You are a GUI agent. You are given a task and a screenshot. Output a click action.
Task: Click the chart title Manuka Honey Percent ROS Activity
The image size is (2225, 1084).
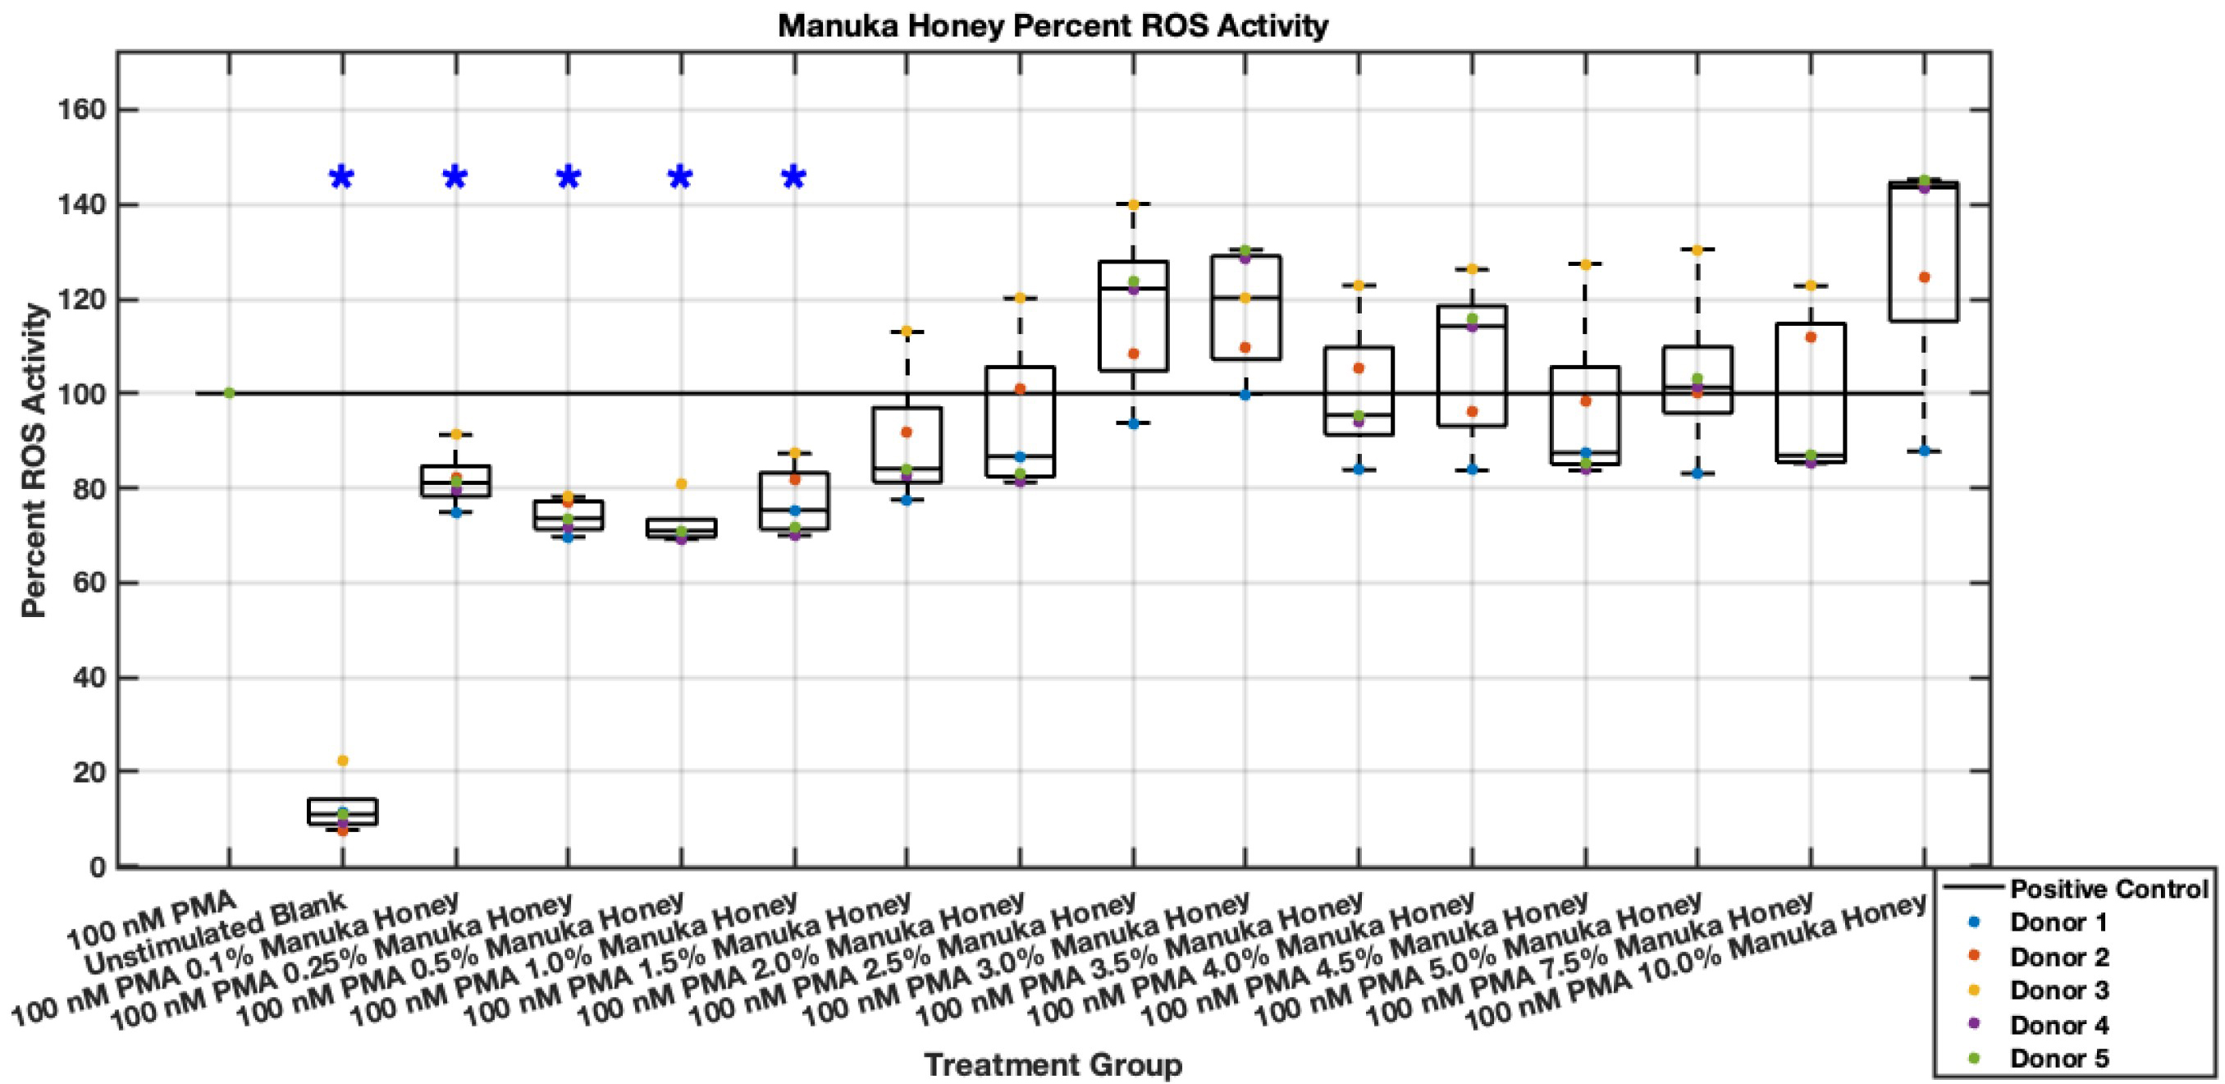pyautogui.click(x=1053, y=26)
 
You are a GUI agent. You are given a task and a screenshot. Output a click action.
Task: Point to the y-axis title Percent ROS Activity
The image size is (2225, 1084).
pyautogui.click(x=34, y=460)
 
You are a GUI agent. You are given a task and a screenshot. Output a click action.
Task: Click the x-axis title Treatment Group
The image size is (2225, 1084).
pyautogui.click(x=1053, y=1064)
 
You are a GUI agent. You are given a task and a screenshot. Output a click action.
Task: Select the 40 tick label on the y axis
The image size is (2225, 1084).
pyautogui.click(x=86, y=678)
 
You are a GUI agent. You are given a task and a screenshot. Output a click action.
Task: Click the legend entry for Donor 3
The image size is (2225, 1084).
pyautogui.click(x=2059, y=990)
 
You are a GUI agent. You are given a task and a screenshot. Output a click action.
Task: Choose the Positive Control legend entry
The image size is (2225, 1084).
pyautogui.click(x=2108, y=889)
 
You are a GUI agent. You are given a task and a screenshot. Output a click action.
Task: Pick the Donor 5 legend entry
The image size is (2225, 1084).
pyautogui.click(x=2059, y=1057)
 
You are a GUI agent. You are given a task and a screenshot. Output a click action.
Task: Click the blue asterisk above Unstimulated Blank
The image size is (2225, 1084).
pyautogui.click(x=342, y=179)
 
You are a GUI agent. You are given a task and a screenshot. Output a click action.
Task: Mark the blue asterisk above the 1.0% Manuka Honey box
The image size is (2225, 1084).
pyautogui.click(x=794, y=179)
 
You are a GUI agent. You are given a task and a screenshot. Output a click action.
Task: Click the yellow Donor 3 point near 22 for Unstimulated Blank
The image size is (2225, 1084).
pyautogui.click(x=342, y=761)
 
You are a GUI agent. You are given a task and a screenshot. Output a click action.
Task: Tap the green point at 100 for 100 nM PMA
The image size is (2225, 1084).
pyautogui.click(x=229, y=393)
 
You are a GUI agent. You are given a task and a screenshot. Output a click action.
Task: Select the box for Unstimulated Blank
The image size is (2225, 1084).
pyautogui.click(x=342, y=812)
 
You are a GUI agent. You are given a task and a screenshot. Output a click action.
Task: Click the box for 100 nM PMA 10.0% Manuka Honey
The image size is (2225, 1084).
pyautogui.click(x=1924, y=250)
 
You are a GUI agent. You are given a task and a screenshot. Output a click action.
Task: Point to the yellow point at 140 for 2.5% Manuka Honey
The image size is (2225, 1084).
pyautogui.click(x=1133, y=204)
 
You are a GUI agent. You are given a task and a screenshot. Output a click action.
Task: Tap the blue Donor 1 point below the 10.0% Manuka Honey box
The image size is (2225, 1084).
pyautogui.click(x=1924, y=451)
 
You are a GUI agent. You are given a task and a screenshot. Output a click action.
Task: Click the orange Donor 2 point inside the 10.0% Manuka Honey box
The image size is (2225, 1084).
pyautogui.click(x=1924, y=277)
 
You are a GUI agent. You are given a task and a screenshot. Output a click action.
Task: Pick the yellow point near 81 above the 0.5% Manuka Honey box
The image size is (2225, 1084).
pyautogui.click(x=681, y=483)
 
